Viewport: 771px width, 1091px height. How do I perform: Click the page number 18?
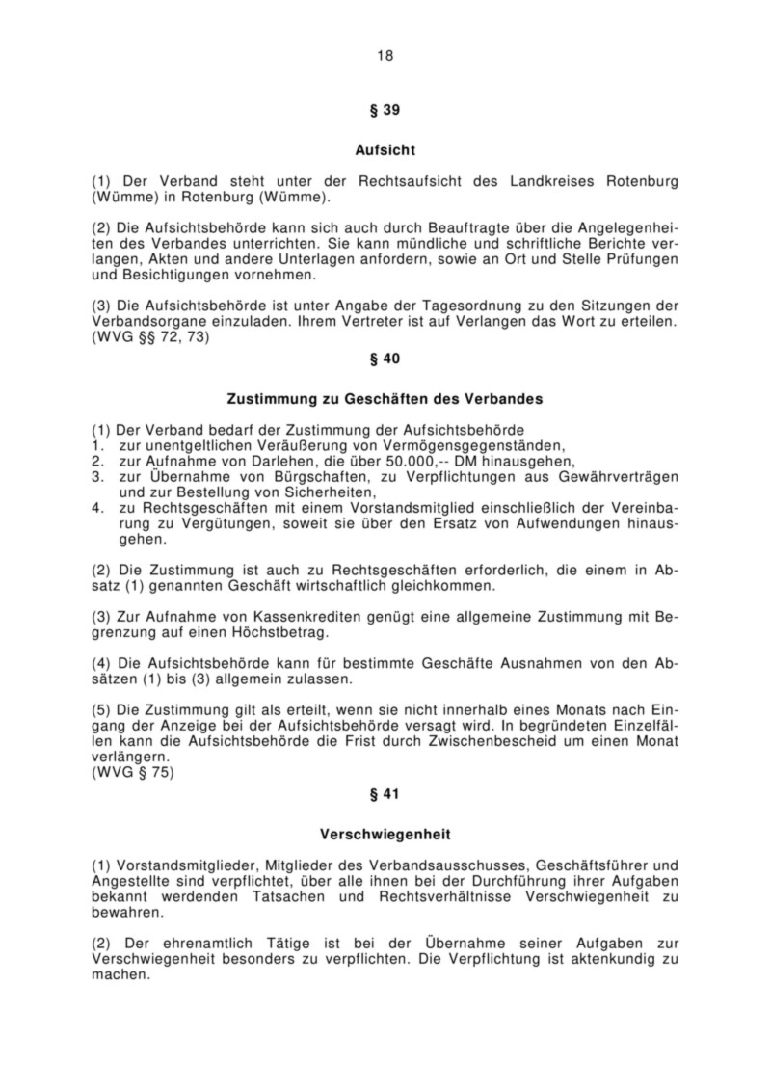point(385,55)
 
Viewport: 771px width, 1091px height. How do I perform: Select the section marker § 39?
point(385,110)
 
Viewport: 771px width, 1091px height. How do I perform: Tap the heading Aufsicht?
point(385,150)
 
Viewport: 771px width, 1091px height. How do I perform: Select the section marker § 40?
point(385,358)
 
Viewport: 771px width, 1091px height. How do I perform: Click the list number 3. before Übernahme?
point(97,477)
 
